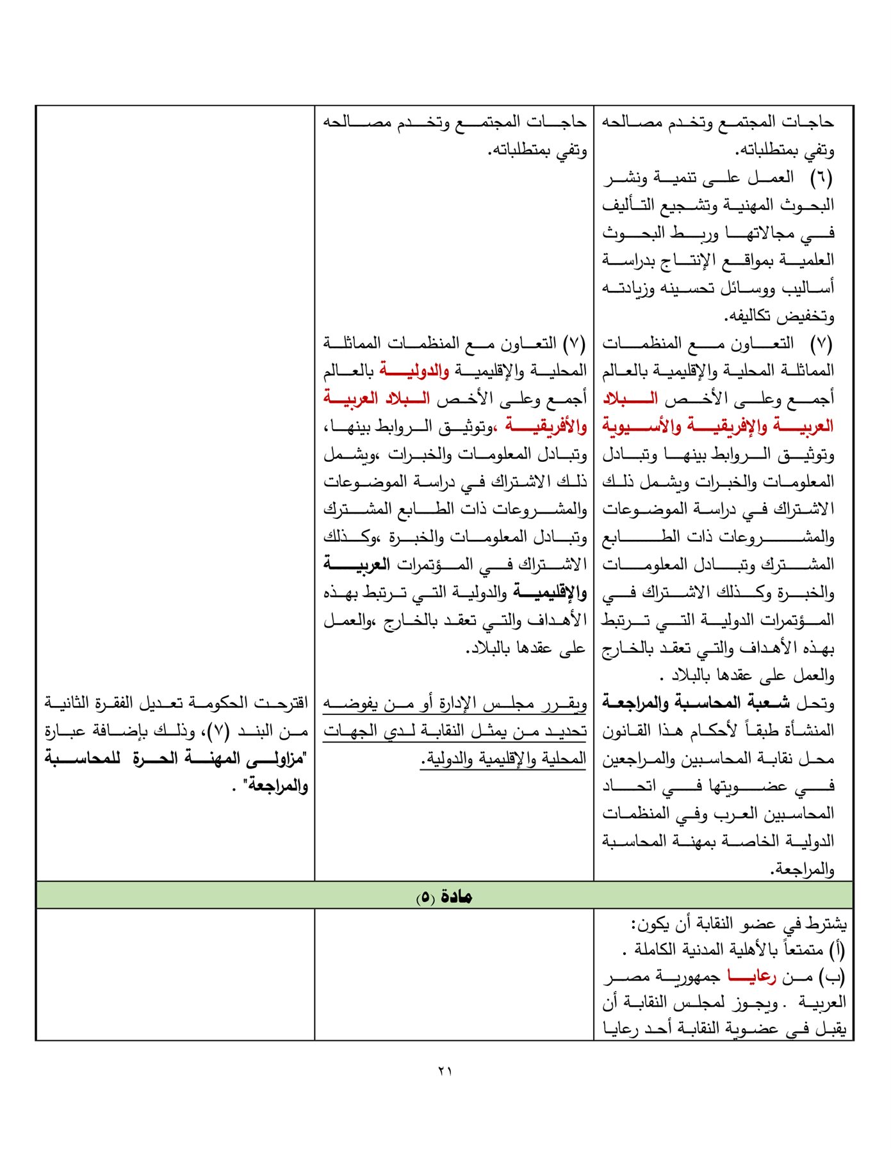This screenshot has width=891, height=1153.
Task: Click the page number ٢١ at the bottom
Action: [445, 1070]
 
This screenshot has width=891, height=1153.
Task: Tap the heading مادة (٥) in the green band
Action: [444, 896]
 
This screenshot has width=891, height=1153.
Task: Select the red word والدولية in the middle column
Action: [414, 370]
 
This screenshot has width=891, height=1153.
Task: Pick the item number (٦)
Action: [821, 177]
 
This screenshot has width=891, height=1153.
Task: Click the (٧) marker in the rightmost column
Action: [821, 343]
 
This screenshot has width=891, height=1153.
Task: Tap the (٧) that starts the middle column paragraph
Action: [575, 343]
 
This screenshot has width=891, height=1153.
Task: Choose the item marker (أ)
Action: [837, 949]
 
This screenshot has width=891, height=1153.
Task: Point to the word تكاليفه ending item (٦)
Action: [751, 316]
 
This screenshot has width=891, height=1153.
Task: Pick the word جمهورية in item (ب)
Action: [689, 977]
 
